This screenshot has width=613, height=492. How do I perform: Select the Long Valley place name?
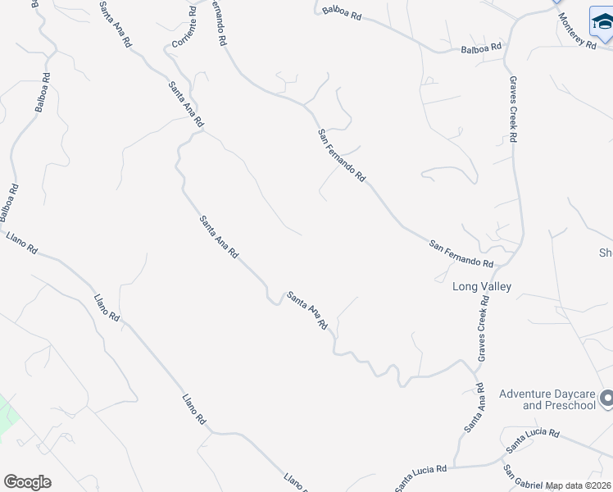(x=482, y=286)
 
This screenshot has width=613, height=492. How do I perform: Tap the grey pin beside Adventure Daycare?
(x=606, y=399)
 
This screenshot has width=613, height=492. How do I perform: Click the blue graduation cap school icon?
(x=602, y=22)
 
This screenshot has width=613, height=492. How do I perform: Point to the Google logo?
(x=27, y=482)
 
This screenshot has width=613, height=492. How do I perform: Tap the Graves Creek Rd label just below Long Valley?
(x=484, y=326)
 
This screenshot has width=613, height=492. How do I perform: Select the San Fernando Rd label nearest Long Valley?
(x=461, y=253)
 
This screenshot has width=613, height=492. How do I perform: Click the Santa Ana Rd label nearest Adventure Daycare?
(x=474, y=408)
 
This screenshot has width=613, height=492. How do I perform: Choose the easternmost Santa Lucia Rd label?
(x=532, y=440)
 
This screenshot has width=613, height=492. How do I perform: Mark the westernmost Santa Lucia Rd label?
(x=420, y=476)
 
